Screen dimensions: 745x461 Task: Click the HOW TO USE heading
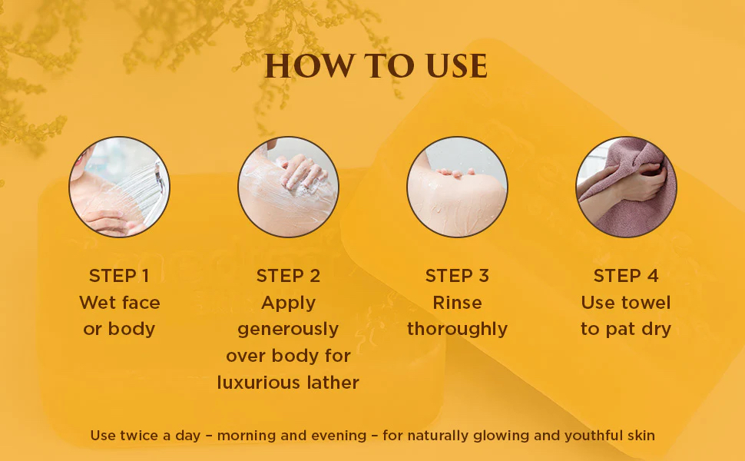(x=376, y=65)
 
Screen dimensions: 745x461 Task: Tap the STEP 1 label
(x=119, y=276)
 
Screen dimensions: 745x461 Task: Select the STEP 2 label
(x=289, y=276)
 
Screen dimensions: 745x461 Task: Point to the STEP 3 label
(x=457, y=276)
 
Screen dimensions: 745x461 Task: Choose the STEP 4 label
(x=626, y=276)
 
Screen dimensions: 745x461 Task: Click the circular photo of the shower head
(x=119, y=187)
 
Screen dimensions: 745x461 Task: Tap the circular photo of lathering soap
(x=289, y=187)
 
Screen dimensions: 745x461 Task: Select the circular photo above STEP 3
(x=457, y=187)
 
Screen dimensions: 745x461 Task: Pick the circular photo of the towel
(x=626, y=187)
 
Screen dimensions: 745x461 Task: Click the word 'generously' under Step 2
(x=288, y=330)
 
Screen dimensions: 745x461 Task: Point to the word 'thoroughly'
(x=457, y=329)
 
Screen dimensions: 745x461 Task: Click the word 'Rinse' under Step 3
(x=457, y=303)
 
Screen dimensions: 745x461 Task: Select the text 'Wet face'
(x=119, y=303)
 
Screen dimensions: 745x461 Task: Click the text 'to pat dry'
(x=626, y=330)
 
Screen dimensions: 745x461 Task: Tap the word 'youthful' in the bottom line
(x=594, y=436)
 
